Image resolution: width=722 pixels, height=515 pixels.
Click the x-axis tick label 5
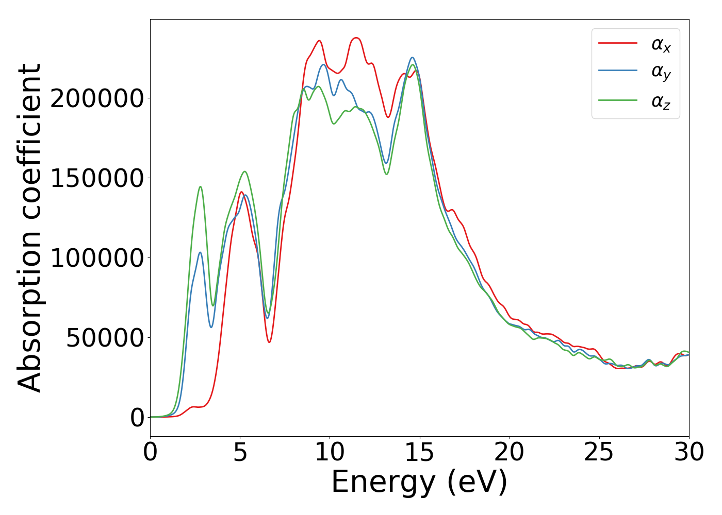coord(240,453)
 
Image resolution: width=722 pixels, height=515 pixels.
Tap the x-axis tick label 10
coord(330,453)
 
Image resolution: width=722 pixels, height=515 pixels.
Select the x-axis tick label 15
coord(420,453)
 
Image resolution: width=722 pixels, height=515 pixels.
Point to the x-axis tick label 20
coord(510,453)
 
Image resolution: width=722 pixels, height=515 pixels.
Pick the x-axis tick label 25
coord(599,453)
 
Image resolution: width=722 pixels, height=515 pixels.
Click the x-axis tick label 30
coord(689,453)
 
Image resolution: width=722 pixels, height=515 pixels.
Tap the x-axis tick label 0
coord(151,453)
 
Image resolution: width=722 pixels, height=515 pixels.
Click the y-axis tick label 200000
coord(97,98)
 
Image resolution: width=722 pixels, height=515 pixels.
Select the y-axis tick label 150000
coord(97,178)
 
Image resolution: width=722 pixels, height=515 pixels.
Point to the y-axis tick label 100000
coord(97,258)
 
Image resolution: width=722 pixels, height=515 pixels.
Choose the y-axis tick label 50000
coord(105,338)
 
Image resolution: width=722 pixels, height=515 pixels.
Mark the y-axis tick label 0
coord(137,418)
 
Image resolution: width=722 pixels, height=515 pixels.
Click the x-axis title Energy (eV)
coord(419,483)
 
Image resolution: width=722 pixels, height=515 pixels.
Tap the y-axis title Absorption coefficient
coord(30,228)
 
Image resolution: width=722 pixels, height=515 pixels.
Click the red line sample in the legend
coord(617,43)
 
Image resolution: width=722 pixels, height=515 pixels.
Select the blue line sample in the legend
coord(617,71)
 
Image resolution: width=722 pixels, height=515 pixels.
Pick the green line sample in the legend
coord(617,100)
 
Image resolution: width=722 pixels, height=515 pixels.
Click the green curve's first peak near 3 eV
coord(200,187)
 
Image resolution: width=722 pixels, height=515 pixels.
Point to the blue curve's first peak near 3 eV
coord(200,252)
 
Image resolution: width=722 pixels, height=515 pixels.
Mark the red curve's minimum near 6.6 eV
coord(269,342)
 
